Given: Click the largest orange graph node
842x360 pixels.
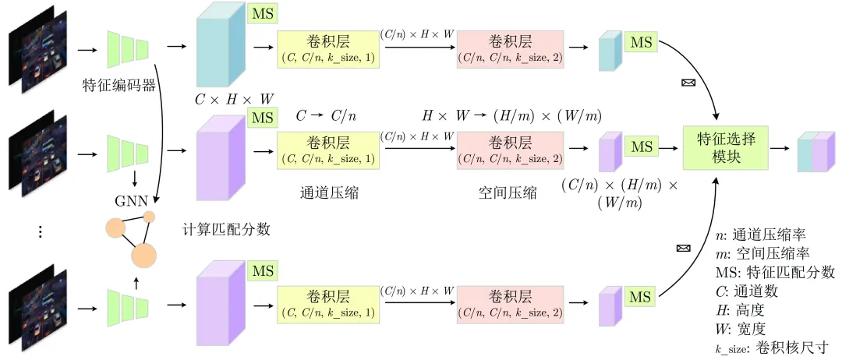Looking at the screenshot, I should pos(143,254).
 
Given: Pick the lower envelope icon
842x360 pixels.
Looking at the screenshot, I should pos(683,249).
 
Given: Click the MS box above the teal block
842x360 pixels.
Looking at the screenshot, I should pos(263,14).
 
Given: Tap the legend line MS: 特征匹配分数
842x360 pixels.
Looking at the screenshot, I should pos(775,273).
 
